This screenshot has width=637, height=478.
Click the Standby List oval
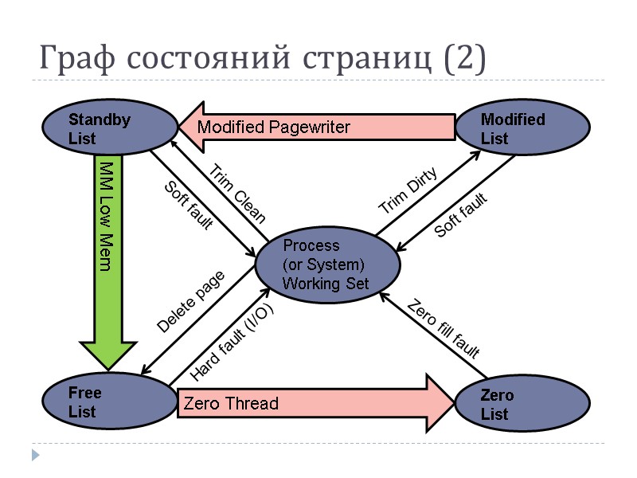[110, 128]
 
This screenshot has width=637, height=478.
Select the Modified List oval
[522, 128]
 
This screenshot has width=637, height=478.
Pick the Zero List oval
[522, 404]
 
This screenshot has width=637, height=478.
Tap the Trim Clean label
[236, 194]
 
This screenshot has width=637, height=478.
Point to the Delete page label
[191, 301]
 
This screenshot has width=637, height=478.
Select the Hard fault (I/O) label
[233, 343]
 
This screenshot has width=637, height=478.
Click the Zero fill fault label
[443, 329]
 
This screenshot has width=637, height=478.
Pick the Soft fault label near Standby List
[188, 206]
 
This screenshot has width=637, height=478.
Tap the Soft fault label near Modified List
[460, 215]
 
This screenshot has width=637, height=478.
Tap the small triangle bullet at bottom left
[34, 455]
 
